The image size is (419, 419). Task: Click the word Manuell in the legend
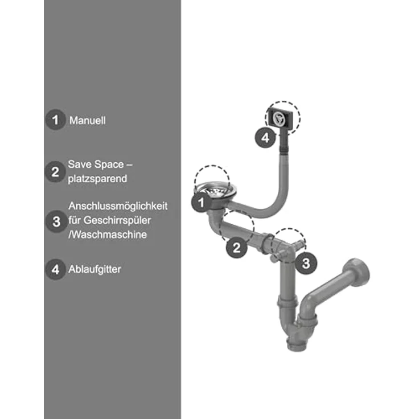tap(87, 121)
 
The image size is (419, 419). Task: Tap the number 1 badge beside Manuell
tap(55, 120)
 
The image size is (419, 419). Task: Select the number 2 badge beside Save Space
tap(55, 172)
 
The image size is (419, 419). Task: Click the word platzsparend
tap(97, 179)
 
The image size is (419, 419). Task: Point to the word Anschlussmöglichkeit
tap(118, 206)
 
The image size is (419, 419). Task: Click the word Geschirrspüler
tap(119, 220)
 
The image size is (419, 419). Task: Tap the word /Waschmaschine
tap(108, 235)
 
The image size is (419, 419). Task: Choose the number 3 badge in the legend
tap(56, 221)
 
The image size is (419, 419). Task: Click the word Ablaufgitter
tap(95, 269)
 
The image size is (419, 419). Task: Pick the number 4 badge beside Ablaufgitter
tap(55, 269)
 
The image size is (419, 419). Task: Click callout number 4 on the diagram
tap(265, 138)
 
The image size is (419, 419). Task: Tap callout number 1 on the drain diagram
tap(201, 203)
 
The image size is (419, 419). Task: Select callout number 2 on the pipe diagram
tap(236, 248)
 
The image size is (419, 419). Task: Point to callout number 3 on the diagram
tap(306, 264)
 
